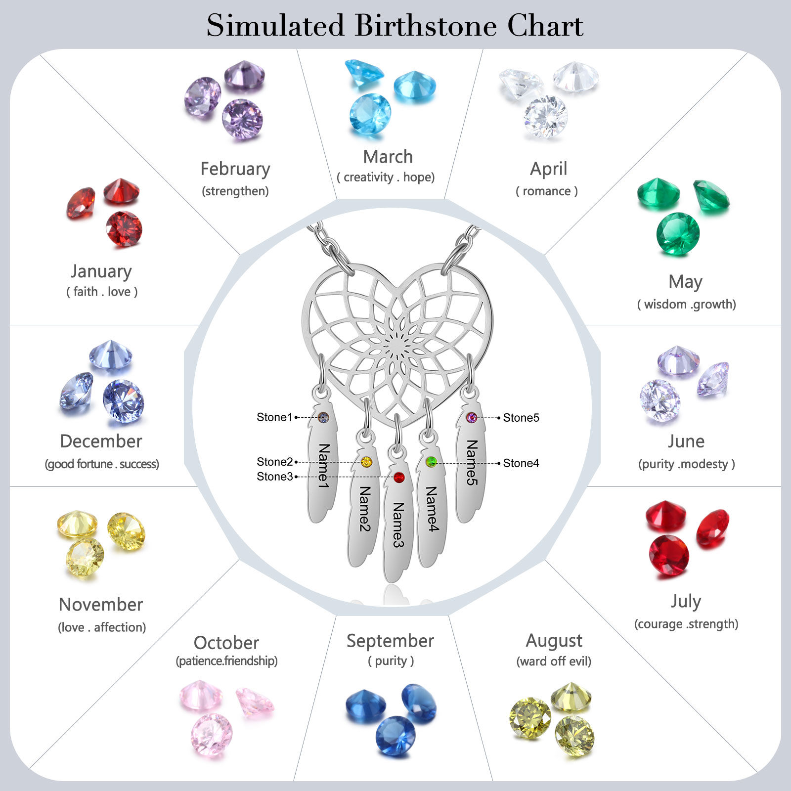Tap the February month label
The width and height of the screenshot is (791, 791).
click(x=235, y=169)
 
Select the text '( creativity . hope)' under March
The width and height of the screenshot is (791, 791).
click(x=386, y=177)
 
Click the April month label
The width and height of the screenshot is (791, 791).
click(x=548, y=169)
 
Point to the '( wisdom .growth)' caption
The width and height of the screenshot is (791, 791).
click(x=686, y=304)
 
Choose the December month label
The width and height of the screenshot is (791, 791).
click(x=101, y=441)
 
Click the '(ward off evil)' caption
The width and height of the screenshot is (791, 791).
click(x=554, y=661)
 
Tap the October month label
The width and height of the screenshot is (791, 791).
click(x=226, y=643)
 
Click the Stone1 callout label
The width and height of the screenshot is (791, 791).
click(x=274, y=417)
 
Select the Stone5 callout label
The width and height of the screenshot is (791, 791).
click(x=521, y=418)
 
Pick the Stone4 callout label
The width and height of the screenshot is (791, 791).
click(x=521, y=463)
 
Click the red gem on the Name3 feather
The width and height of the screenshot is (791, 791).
click(x=399, y=478)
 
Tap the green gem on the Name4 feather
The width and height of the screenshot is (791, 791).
click(x=431, y=462)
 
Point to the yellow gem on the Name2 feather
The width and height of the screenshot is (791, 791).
click(x=366, y=462)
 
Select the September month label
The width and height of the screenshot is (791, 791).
click(x=390, y=641)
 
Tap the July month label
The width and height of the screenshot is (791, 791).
click(x=686, y=601)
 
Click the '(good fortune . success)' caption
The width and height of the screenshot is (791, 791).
click(x=102, y=464)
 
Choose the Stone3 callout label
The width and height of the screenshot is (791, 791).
click(x=274, y=477)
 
